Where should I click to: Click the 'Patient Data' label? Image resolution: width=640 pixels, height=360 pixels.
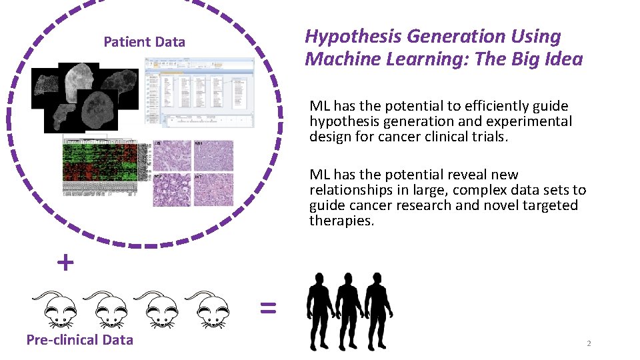coord(144,42)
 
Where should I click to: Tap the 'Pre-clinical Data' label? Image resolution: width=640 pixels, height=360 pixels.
coord(79,340)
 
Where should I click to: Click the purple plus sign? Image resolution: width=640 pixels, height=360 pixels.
coord(65,263)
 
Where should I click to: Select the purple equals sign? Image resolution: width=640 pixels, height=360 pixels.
coord(267,307)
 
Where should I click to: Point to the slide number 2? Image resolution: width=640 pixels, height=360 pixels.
coord(589,343)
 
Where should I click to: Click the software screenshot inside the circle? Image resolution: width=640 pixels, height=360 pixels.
coord(199,92)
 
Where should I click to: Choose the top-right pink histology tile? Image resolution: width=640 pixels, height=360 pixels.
coord(213,155)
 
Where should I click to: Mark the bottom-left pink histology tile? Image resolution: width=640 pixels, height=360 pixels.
coord(172,189)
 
